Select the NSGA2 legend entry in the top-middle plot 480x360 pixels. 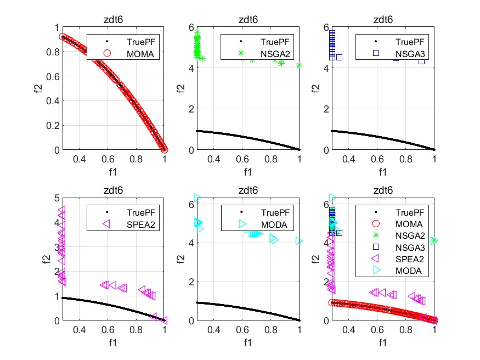coord(267,53)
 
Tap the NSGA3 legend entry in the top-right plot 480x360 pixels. coord(402,53)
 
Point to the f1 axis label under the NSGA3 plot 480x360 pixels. coord(382,171)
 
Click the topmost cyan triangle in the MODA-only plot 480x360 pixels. coord(197,198)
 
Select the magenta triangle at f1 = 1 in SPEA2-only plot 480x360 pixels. coord(164,320)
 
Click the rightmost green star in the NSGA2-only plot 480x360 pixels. coord(299,65)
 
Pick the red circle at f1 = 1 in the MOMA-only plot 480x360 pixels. coord(164,149)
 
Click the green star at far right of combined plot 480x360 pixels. coord(434,240)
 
